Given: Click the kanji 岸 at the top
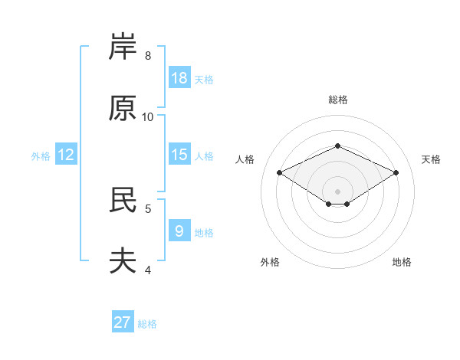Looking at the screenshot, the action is point(123,46).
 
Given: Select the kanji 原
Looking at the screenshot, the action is point(123,108).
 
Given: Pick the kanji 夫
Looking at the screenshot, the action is point(123,260).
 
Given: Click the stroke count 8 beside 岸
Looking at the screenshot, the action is point(148,56).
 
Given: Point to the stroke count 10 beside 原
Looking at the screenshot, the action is point(147,117).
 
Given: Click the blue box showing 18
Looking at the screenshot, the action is point(179,77).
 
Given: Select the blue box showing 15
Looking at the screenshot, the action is point(179,154).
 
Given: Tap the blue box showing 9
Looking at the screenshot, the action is point(179,230).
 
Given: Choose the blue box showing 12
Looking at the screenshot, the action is point(66,154).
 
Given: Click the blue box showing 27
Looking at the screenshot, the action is point(123,321).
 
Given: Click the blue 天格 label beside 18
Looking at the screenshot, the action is point(204,80).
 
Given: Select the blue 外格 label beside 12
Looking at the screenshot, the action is point(41,156).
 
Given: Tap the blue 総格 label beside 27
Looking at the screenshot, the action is point(147,324).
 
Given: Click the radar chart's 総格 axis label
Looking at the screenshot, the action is point(338,100).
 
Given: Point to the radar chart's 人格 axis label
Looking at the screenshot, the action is point(245,159).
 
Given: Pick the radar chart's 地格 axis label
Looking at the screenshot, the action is point(402,262).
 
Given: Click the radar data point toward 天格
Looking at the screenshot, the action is point(396,172).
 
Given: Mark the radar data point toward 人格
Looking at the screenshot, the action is point(280,172).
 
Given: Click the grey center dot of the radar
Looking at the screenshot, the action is point(337,191).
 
